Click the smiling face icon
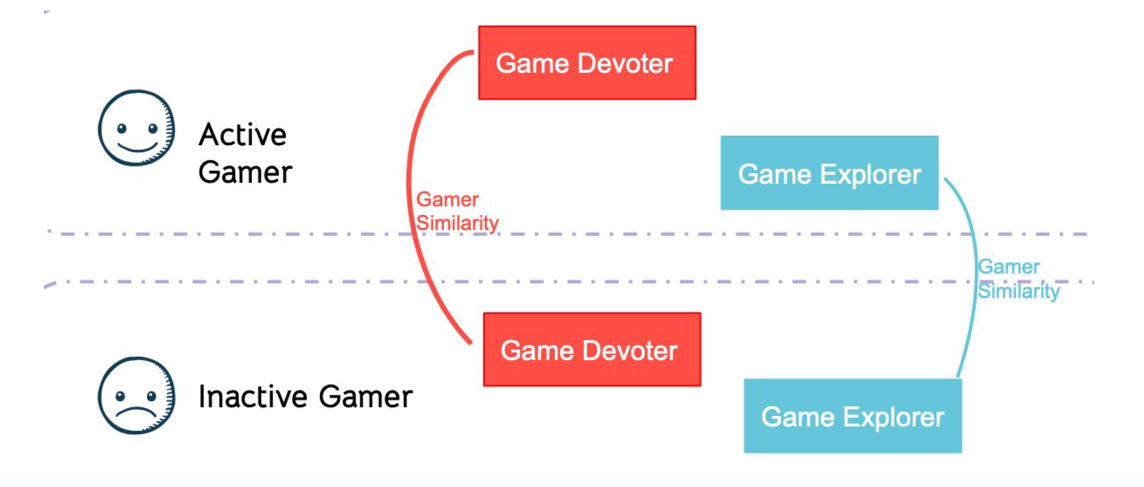(136, 128)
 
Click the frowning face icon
(136, 395)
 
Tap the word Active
(242, 134)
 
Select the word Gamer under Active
(245, 173)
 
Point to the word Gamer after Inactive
(366, 396)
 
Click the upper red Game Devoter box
(587, 63)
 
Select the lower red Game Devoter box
(592, 350)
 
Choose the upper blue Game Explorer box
(829, 173)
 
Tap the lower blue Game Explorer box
(852, 416)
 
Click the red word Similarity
(457, 223)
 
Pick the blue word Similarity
(1018, 291)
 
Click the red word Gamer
(447, 200)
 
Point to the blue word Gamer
(1008, 267)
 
